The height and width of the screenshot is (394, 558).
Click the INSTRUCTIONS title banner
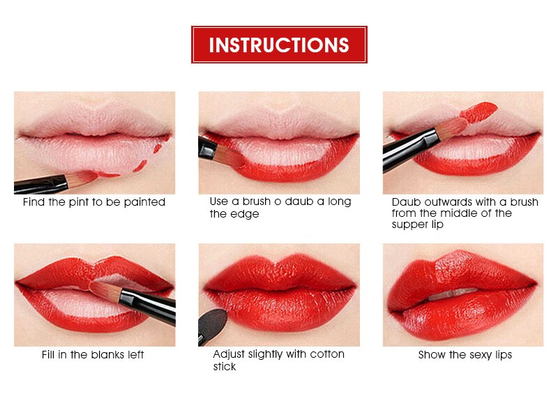[279, 45]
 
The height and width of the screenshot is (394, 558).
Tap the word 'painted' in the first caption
[145, 202]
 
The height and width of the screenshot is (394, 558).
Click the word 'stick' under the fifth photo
[225, 367]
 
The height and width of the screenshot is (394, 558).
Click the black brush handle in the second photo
[206, 146]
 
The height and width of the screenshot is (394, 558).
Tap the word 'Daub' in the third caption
[405, 202]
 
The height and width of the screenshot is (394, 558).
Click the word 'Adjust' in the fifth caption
[229, 354]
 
